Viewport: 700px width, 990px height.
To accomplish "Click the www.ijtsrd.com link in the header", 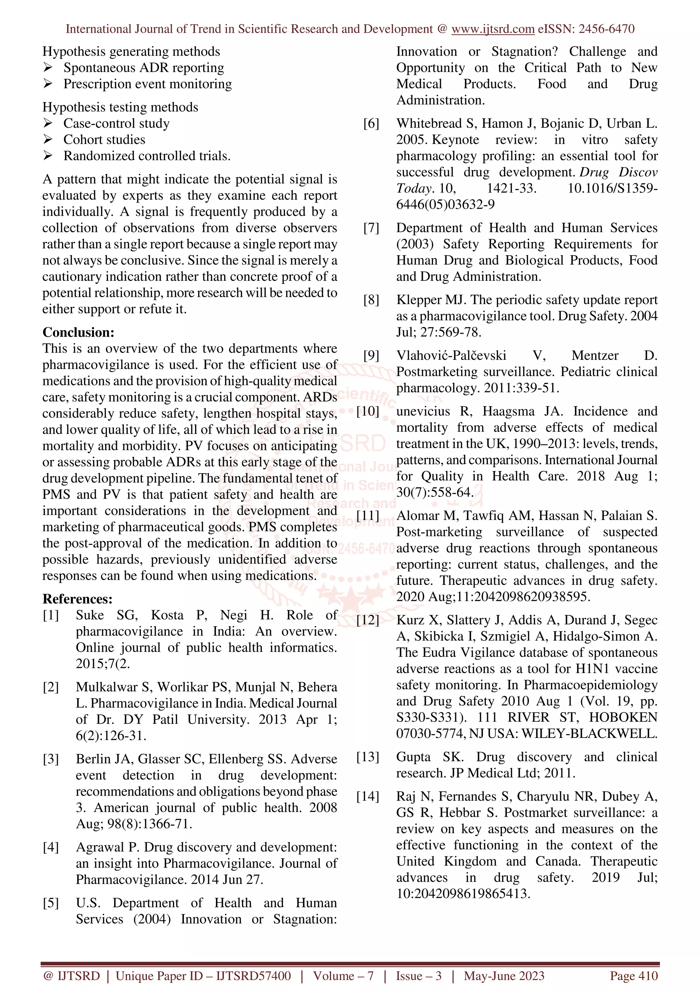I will coord(493,29).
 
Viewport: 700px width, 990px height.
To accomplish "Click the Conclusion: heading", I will coord(78,332).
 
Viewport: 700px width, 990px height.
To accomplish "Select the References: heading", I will coord(77,599).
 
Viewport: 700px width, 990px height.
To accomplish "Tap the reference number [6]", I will coord(371,124).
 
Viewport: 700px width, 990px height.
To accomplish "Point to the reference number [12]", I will coord(367,620).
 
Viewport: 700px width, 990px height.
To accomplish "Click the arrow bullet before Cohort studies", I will coord(48,139).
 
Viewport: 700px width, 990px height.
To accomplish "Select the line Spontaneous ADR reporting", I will coord(144,68).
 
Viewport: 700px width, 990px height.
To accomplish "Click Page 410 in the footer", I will coord(634,975).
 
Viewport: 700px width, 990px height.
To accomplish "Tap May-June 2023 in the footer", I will coord(504,975).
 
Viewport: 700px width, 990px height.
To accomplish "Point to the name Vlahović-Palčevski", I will coord(451,355).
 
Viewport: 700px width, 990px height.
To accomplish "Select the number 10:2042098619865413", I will coord(463,893).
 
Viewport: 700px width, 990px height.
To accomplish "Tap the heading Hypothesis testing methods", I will coord(120,107).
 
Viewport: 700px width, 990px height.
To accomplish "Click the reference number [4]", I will coord(51,847).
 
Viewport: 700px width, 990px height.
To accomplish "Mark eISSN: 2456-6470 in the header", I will coord(586,29).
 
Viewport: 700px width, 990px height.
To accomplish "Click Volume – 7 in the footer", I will coord(343,975).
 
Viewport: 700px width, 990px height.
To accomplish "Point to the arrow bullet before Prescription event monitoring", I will coord(48,84).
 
